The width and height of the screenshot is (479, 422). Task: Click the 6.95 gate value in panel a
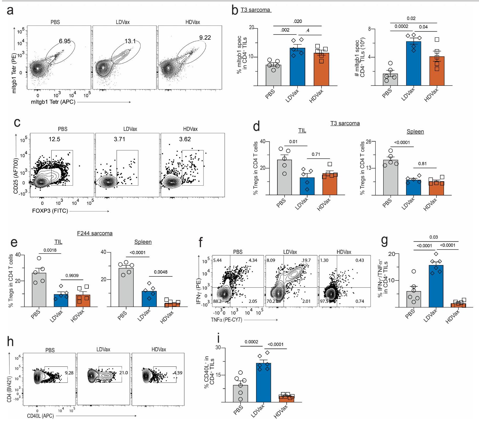tap(64, 41)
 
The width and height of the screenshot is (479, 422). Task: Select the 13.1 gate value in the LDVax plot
tap(130, 41)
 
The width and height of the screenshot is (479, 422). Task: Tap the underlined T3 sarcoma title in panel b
tap(255, 10)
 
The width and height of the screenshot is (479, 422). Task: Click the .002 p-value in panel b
tap(285, 30)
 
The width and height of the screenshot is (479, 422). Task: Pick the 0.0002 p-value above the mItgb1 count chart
tap(401, 26)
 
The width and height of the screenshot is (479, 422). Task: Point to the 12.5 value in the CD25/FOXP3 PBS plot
tap(54, 139)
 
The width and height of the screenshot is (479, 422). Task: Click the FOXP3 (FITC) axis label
tap(50, 211)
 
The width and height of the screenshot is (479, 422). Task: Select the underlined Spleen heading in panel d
tap(415, 132)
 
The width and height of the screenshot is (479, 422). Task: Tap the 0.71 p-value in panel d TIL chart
tap(316, 155)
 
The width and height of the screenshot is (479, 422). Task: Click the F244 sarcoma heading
tap(95, 234)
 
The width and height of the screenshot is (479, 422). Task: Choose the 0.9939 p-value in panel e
tap(72, 276)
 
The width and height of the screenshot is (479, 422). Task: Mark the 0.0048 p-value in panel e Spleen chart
tap(161, 272)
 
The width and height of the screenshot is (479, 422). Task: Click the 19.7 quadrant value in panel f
tap(306, 260)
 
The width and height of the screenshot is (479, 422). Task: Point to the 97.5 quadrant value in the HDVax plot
tap(324, 301)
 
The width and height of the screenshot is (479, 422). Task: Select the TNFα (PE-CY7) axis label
tap(226, 320)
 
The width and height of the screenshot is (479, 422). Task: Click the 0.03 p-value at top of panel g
tap(433, 237)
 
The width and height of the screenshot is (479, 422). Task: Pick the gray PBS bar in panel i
tap(240, 394)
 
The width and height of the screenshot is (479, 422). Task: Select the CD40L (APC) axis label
tap(40, 416)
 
